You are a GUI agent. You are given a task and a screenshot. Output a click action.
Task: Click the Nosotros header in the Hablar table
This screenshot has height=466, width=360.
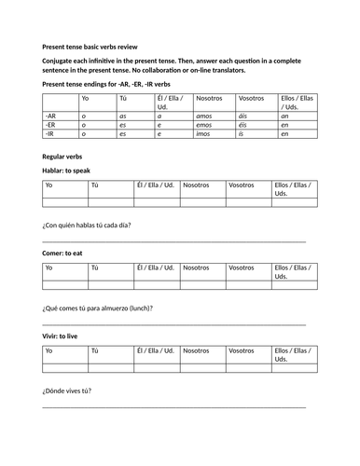(x=196, y=185)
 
